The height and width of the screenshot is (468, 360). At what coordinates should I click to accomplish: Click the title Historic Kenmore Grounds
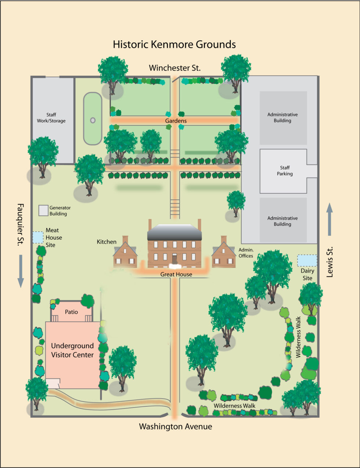coord(174,44)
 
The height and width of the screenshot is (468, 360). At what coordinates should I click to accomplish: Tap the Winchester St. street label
coord(175,68)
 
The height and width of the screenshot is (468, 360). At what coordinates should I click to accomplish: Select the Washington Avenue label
coord(176,427)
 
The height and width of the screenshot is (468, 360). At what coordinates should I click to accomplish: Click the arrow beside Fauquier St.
coord(21,271)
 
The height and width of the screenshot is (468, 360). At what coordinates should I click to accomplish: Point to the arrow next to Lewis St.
coord(330,219)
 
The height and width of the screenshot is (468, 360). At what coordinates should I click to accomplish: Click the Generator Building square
coord(43,210)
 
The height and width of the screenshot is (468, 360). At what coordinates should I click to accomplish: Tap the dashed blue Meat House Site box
coord(38,237)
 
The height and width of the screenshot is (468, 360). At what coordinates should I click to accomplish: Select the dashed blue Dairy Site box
coord(307,260)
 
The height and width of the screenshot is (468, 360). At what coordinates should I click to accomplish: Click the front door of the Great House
coord(174,259)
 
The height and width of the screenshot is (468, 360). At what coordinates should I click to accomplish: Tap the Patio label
coord(71,312)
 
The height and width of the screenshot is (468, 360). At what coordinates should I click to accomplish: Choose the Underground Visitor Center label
coord(72,350)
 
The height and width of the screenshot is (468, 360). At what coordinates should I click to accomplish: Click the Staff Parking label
coord(285,171)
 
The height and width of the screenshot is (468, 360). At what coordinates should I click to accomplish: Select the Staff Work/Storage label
coord(51,117)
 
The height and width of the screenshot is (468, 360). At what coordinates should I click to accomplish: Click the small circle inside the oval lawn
coord(93,120)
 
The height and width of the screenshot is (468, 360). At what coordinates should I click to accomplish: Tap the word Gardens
coord(176,121)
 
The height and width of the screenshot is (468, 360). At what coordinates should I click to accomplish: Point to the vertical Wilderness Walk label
coord(298,337)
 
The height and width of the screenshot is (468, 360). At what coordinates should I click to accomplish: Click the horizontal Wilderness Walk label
coord(234,406)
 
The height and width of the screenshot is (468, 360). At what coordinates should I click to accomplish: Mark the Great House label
coord(176,275)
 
